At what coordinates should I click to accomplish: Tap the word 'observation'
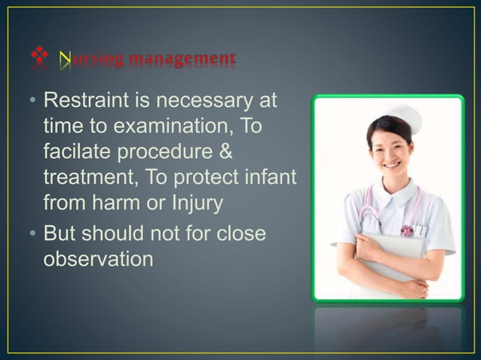(x=99, y=260)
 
